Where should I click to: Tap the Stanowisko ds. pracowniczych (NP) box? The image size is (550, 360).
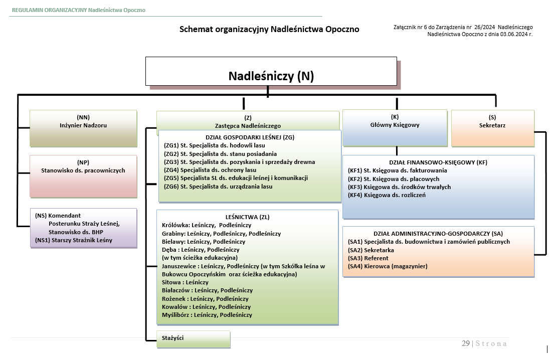(83, 175)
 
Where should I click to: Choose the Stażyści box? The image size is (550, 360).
(194, 338)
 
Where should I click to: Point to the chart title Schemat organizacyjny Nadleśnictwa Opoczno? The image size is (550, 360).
(269, 29)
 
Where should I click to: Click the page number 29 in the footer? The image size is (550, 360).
(466, 343)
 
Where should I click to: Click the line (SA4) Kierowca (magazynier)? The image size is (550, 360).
(388, 266)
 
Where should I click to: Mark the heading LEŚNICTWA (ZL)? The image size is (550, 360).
(248, 217)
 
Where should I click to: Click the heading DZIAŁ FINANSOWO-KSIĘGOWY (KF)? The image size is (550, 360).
(438, 162)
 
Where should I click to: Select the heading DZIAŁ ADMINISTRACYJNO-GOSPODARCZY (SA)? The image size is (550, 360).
(438, 234)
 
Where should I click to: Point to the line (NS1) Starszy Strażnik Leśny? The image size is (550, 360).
(74, 240)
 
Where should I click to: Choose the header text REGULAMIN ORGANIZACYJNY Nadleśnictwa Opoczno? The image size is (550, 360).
(79, 10)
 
